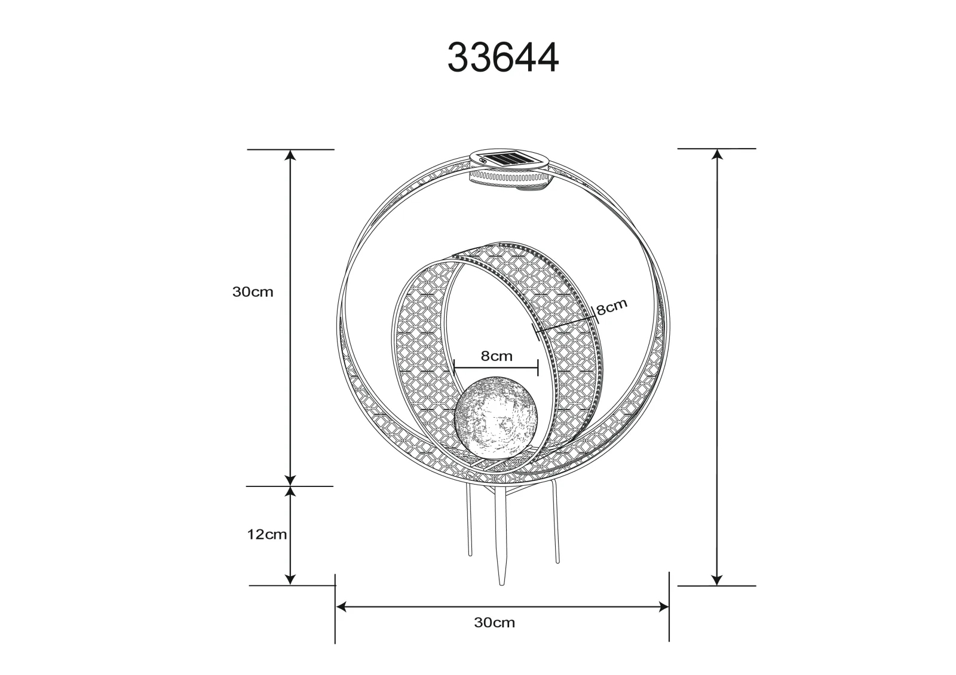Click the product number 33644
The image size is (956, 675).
tap(502, 57)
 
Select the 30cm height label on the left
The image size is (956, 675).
tap(253, 292)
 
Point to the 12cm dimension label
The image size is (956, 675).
tap(266, 534)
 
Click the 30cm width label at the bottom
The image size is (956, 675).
tap(494, 622)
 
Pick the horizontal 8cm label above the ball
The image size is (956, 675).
tap(497, 356)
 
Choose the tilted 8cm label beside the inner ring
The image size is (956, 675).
tap(612, 307)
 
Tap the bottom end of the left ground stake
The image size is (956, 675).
tap(470, 555)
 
